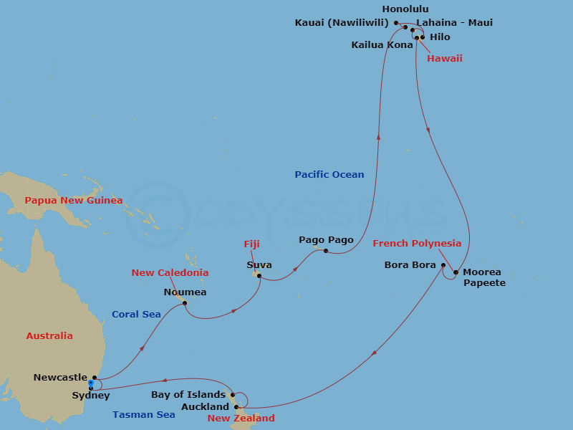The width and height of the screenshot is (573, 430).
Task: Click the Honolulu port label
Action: point(405,9)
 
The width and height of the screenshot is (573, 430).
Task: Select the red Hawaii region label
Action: point(444,58)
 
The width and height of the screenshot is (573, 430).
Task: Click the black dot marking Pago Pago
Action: point(326,251)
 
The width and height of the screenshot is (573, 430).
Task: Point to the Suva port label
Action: point(259,264)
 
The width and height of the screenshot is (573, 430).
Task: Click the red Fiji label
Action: point(251,244)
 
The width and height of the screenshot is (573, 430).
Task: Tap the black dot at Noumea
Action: point(185,303)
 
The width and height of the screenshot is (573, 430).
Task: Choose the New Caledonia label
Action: point(170,273)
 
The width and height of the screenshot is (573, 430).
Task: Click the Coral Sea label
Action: point(136,314)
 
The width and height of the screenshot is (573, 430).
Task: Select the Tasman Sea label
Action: point(143,415)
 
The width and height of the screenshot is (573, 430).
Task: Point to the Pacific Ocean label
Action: point(329,175)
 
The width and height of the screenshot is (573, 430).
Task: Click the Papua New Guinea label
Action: point(73,201)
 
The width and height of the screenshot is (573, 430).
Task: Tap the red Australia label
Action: point(49,335)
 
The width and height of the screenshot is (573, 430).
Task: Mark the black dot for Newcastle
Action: point(95,377)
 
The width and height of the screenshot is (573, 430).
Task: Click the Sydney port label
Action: point(91,396)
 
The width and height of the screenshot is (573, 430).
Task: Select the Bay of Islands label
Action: point(188,395)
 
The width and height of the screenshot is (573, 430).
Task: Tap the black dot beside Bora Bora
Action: point(443,266)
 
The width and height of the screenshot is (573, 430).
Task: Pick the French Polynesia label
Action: point(417,244)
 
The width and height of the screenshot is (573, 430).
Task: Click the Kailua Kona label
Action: point(382,44)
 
